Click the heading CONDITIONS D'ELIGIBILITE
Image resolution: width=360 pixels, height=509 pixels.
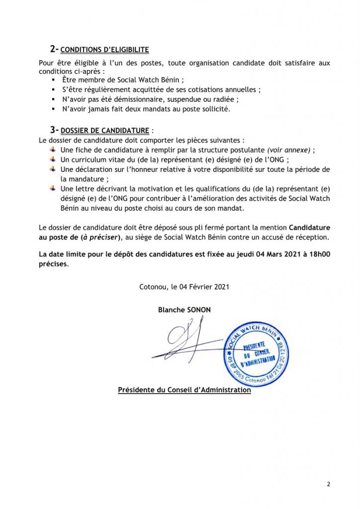coord(105,50)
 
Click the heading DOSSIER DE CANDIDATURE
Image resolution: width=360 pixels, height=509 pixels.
coord(104,131)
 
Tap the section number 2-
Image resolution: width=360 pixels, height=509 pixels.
coord(54,49)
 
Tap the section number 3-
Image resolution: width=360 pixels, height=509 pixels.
coord(54,130)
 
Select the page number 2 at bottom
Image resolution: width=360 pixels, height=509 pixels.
coord(329,484)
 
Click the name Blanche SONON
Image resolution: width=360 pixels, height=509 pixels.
coord(184,310)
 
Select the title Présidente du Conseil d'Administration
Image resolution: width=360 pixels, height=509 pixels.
coord(184,391)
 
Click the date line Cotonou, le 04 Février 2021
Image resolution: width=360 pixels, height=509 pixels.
coord(184,287)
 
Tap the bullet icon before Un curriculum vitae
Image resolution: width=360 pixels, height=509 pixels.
coord(53,159)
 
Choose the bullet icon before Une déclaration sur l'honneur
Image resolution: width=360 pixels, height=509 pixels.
coord(53,169)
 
